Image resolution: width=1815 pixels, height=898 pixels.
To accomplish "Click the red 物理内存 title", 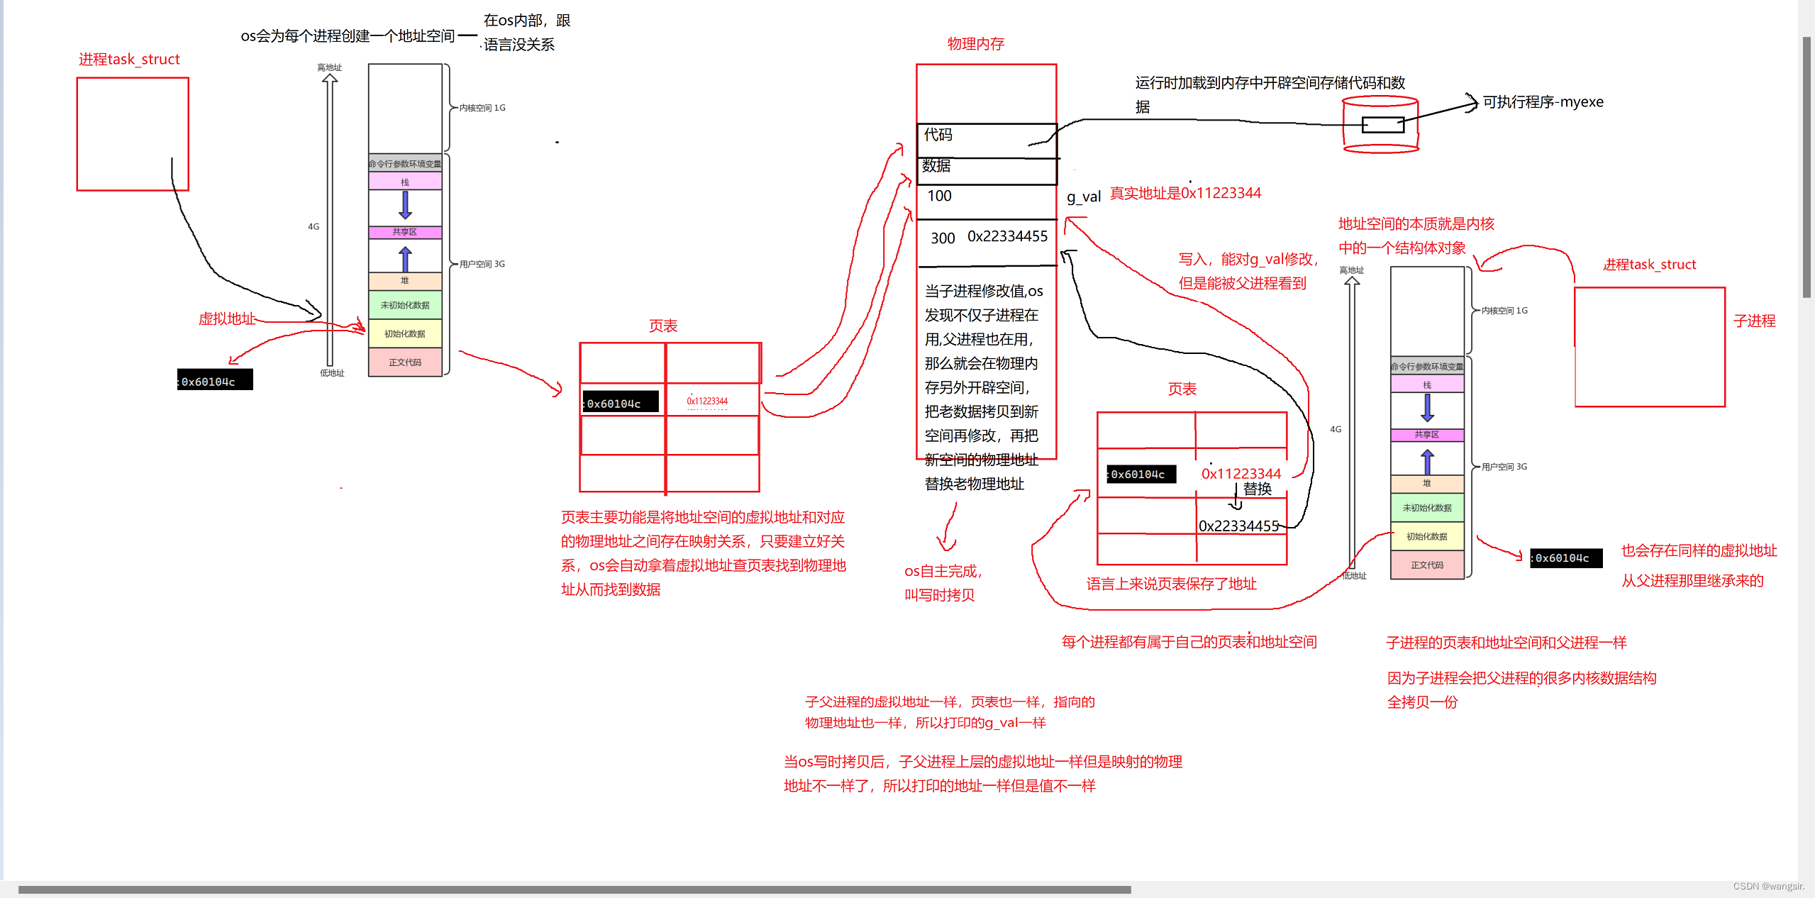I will click(975, 44).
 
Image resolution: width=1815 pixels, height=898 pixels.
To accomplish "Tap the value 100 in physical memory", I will click(939, 196).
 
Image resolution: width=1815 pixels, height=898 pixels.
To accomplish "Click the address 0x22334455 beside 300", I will click(1007, 236).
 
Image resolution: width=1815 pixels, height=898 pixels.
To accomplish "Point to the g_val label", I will click(1083, 196).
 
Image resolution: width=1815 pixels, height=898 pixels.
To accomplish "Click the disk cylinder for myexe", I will click(1380, 126).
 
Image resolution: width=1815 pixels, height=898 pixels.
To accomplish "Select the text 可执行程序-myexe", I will click(1543, 102).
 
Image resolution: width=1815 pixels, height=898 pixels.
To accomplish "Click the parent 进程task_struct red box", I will click(133, 134).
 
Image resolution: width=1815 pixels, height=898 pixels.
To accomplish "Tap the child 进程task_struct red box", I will click(1649, 347).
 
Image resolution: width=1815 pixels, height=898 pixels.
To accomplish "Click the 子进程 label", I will click(1754, 321).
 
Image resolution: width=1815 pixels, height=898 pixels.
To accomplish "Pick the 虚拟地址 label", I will click(226, 319).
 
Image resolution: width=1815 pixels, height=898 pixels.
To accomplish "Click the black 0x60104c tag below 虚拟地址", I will click(214, 381).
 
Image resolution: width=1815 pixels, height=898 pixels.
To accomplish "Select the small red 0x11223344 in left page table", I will click(707, 401).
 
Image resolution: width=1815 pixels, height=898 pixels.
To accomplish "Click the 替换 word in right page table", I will click(1258, 489).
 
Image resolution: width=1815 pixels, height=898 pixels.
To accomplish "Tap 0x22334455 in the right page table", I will click(1238, 526).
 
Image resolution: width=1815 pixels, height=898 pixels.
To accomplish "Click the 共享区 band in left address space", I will click(405, 232).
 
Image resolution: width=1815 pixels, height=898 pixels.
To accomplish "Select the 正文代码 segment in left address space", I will click(405, 362).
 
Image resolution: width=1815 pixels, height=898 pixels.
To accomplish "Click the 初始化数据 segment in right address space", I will click(1426, 536).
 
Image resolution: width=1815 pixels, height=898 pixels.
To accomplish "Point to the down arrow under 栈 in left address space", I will click(405, 204).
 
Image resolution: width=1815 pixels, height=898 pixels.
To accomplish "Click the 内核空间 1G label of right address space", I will click(1504, 311).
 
